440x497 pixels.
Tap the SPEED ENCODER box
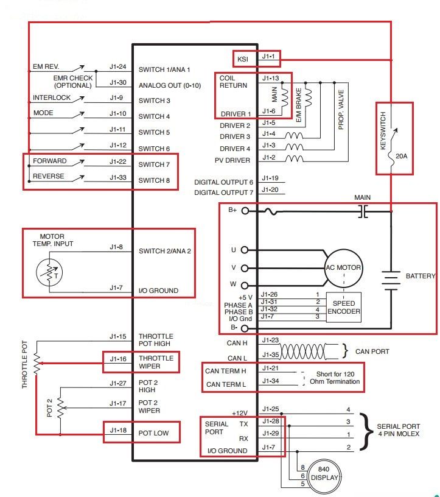343,307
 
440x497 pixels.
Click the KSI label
243,59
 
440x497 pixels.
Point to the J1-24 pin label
118,66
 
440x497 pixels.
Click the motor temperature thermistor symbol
49,272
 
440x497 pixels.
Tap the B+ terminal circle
245,211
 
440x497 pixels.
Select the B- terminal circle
245,329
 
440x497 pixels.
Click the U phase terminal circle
244,250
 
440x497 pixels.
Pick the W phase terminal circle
245,286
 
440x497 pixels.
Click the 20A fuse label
401,156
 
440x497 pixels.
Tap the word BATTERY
421,276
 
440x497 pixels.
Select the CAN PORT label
372,351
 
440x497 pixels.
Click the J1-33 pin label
118,177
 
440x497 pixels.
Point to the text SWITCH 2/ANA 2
165,251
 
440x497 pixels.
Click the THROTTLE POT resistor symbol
37,364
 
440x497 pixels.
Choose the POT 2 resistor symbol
60,408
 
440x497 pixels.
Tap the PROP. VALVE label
341,110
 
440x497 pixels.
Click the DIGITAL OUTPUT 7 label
223,192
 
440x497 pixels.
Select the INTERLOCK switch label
52,97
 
